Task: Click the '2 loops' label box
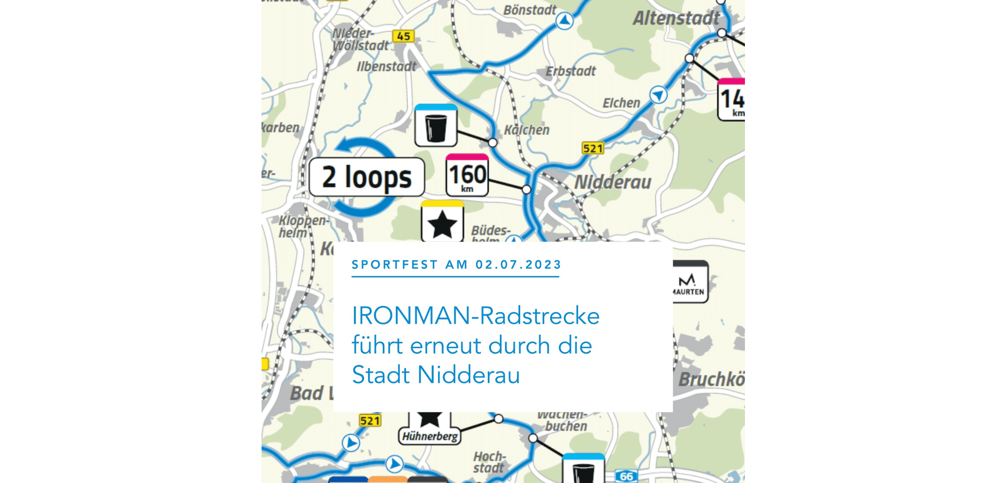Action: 367,177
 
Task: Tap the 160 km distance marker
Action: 467,176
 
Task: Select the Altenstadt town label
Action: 676,19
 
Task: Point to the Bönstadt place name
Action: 530,10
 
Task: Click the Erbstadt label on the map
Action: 570,71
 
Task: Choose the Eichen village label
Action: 621,103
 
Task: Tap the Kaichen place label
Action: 527,130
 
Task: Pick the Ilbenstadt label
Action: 386,66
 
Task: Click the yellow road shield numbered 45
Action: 403,36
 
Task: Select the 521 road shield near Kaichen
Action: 593,148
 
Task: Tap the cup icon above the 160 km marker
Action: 436,126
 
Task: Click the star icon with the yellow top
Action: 442,222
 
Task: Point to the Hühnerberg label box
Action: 430,436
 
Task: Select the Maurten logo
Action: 690,282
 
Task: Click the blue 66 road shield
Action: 626,476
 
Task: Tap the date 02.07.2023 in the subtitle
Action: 518,265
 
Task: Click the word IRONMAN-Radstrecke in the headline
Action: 475,316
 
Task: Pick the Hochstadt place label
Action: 489,462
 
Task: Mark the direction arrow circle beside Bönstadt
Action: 564,21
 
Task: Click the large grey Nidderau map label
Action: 613,182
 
